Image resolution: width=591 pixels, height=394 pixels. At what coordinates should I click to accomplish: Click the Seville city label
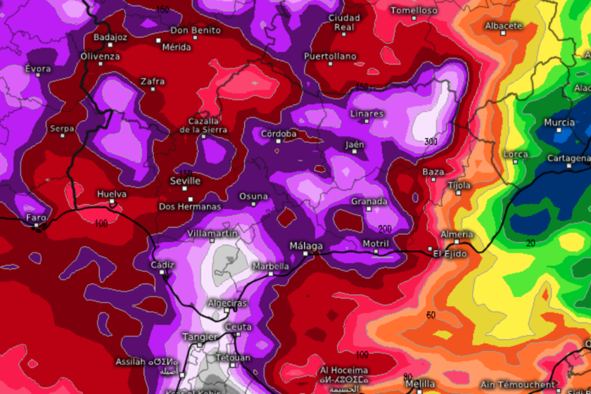(186, 181)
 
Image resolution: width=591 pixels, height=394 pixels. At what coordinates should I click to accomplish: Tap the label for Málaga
(306, 246)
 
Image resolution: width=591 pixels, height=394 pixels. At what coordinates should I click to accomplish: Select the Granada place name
(369, 201)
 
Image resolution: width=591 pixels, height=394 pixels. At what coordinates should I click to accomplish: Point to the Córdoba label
(279, 134)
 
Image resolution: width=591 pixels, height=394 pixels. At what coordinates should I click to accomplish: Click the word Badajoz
(110, 37)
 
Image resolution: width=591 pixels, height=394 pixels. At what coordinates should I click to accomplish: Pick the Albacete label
(504, 26)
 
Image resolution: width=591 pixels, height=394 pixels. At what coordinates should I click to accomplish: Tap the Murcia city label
(559, 122)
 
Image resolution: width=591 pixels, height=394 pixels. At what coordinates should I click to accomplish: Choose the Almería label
(457, 234)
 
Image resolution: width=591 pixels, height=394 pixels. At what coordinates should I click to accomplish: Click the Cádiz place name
(163, 265)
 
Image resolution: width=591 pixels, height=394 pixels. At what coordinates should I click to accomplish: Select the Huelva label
(113, 193)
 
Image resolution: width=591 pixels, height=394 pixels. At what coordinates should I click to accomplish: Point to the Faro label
(36, 218)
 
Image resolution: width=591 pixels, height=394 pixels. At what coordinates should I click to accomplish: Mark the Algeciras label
(227, 303)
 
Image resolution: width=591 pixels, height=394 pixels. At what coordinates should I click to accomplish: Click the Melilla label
(421, 383)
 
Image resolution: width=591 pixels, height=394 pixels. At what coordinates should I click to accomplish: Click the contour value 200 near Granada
(384, 229)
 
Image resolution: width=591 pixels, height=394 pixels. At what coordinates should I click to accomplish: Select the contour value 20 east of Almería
(530, 243)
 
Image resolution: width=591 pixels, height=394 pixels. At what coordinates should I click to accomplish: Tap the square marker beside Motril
(376, 251)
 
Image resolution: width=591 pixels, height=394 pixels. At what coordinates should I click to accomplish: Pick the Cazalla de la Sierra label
(203, 125)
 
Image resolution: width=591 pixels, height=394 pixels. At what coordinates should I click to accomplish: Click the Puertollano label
(330, 56)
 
